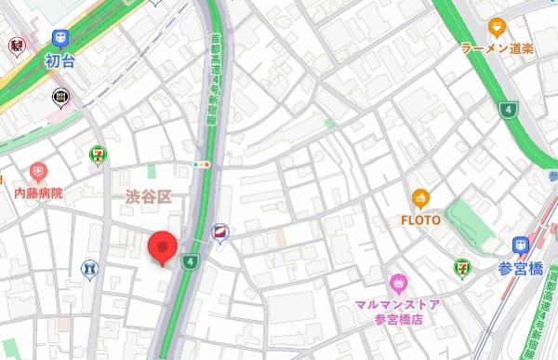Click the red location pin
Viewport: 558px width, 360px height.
click(x=164, y=247)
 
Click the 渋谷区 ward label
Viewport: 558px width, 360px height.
click(x=149, y=196)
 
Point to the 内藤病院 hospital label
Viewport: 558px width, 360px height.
click(x=38, y=193)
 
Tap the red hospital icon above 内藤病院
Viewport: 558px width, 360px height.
click(x=37, y=172)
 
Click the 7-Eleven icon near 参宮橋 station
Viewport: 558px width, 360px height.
click(x=461, y=267)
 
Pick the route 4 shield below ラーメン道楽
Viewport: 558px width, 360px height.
click(x=508, y=111)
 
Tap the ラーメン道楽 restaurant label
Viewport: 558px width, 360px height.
click(x=497, y=48)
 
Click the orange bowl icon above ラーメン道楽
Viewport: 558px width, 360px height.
click(x=496, y=27)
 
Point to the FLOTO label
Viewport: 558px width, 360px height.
click(x=420, y=220)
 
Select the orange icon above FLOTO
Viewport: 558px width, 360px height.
click(x=420, y=198)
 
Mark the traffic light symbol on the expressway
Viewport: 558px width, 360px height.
click(x=202, y=165)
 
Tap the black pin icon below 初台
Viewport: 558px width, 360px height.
click(x=61, y=96)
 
